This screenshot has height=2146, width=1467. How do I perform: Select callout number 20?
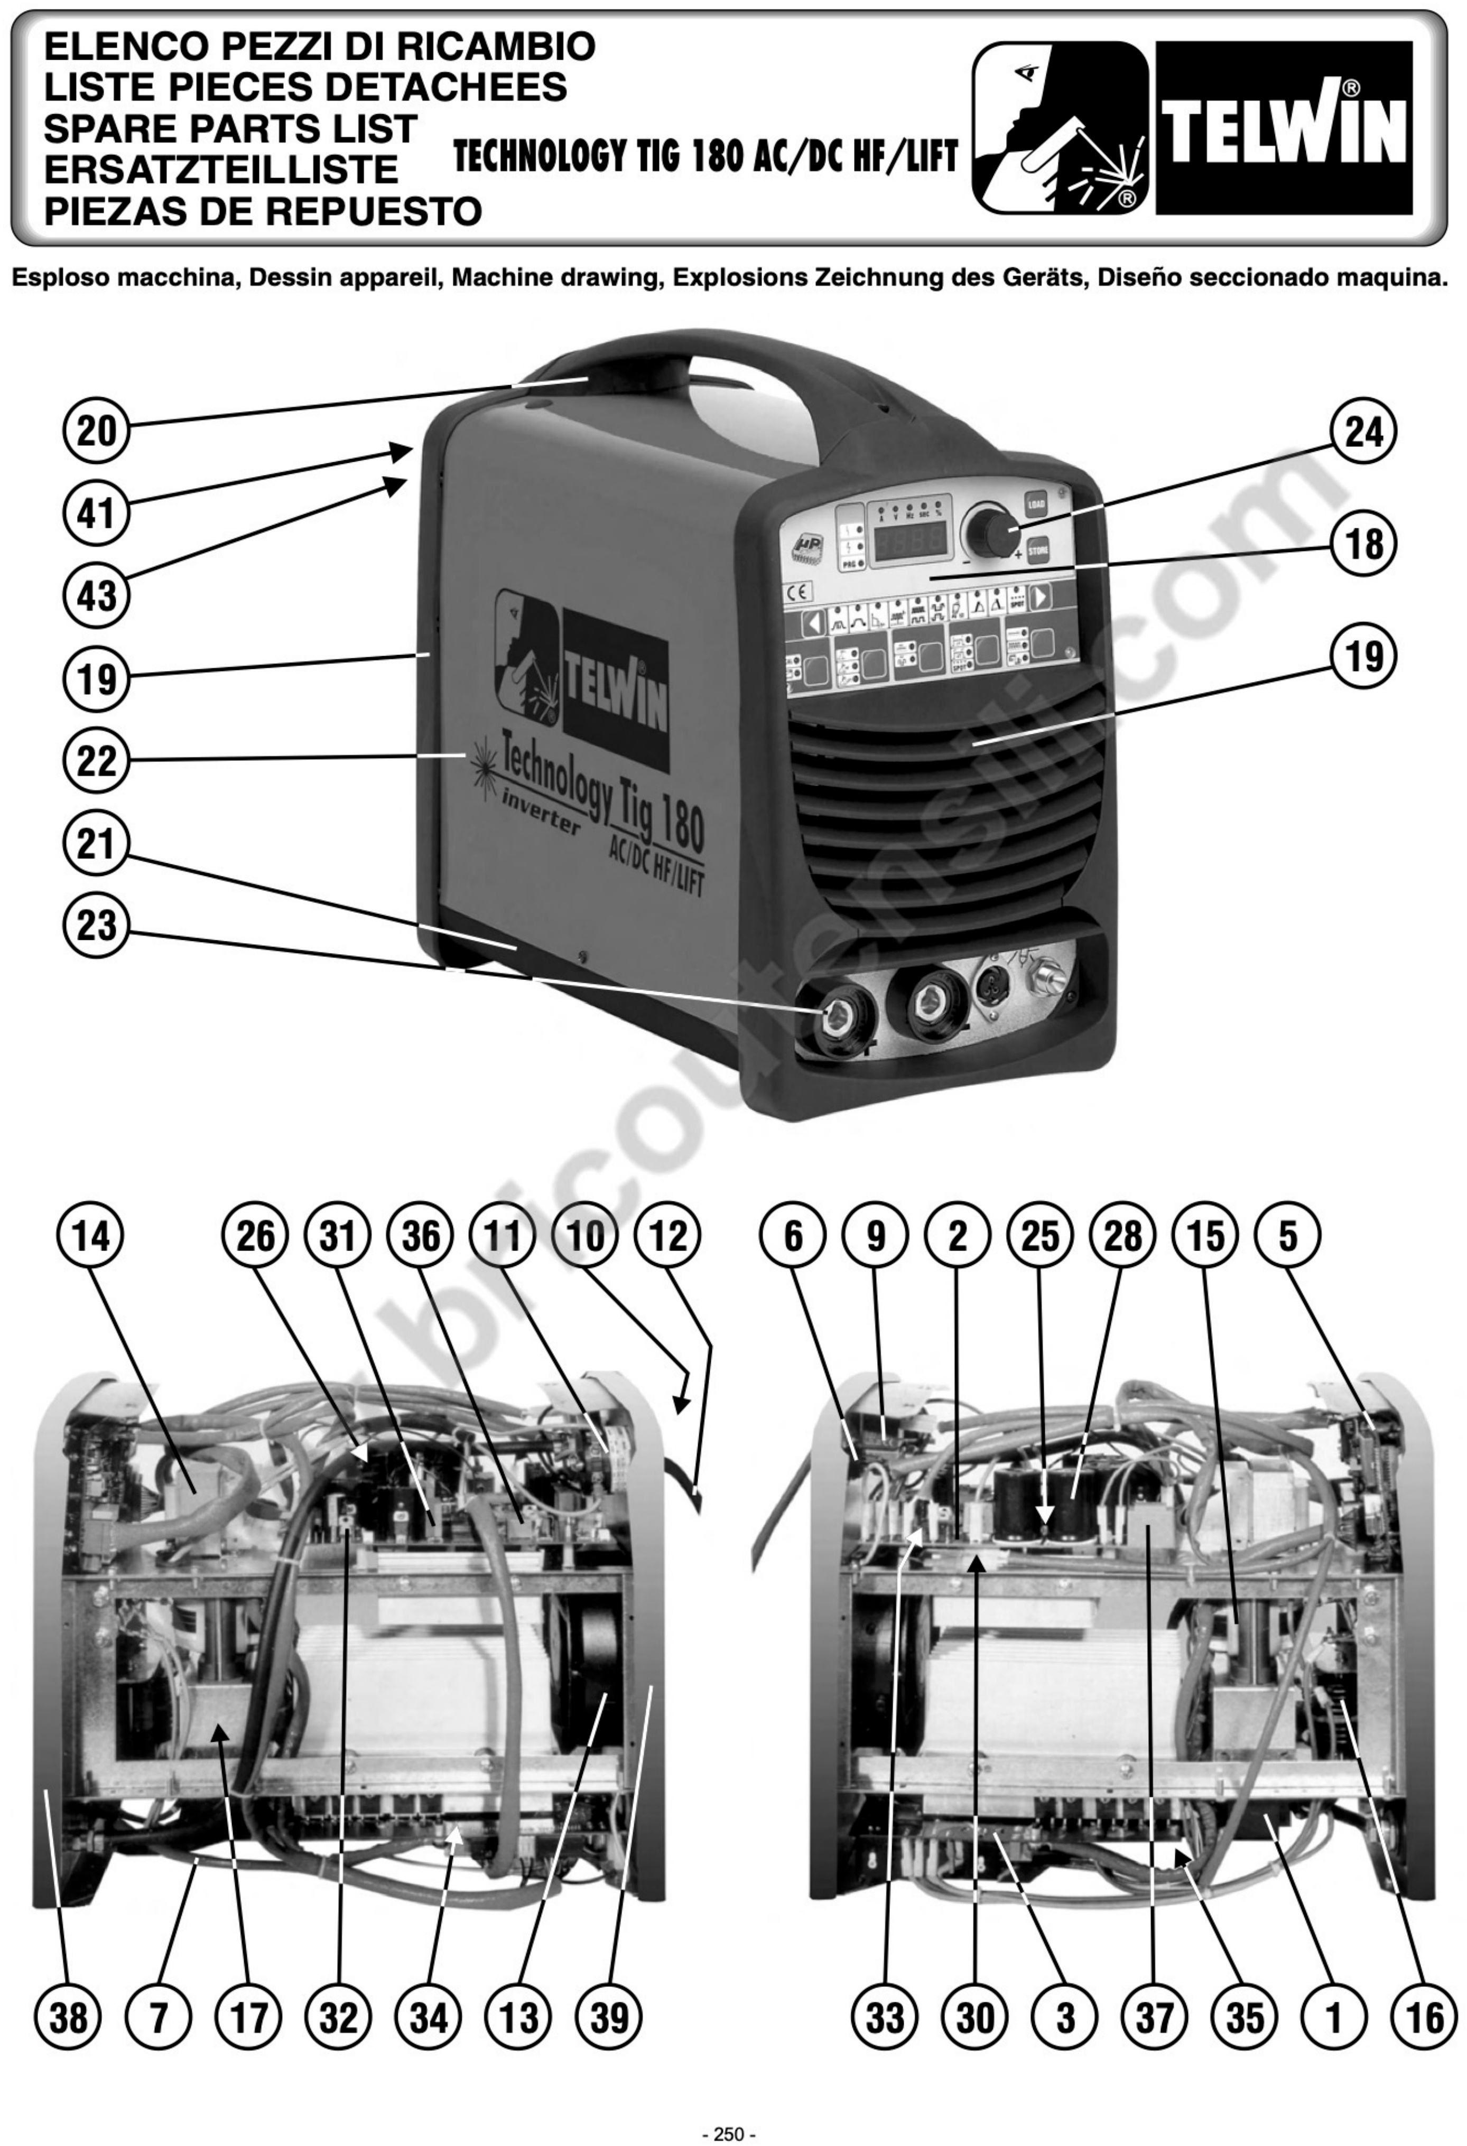(97, 430)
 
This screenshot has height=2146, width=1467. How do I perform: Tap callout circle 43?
(97, 595)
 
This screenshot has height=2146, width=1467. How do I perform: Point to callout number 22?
(97, 761)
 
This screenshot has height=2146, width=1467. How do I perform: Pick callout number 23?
(97, 925)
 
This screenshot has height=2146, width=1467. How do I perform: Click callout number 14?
(90, 1236)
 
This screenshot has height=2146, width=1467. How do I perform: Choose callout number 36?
(421, 1236)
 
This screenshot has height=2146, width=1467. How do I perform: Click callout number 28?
(1122, 1236)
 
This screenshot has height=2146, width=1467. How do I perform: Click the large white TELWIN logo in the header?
(1284, 129)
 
